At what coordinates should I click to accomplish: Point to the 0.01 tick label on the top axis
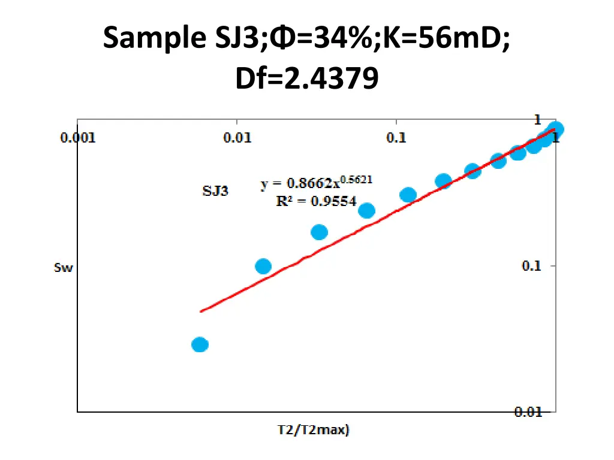coord(237,138)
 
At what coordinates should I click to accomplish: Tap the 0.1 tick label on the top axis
coord(396,138)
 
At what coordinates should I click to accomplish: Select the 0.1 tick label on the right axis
coord(531,266)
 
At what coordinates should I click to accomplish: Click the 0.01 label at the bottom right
coord(528,412)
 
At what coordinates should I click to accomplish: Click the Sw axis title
coord(63,268)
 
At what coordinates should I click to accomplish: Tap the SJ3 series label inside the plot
coord(215,192)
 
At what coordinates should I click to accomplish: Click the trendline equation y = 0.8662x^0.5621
coord(317,183)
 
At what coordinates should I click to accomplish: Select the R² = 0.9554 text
coord(316,201)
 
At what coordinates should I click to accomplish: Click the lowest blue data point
coord(200,344)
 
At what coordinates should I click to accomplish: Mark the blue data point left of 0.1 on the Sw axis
coord(263,266)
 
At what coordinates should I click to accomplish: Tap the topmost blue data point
coord(556,129)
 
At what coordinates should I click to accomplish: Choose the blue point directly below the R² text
coord(366,210)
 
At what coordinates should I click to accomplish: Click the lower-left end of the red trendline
coord(201,311)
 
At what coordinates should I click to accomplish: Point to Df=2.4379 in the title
coord(307,78)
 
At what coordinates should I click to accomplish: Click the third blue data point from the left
coord(320,232)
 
